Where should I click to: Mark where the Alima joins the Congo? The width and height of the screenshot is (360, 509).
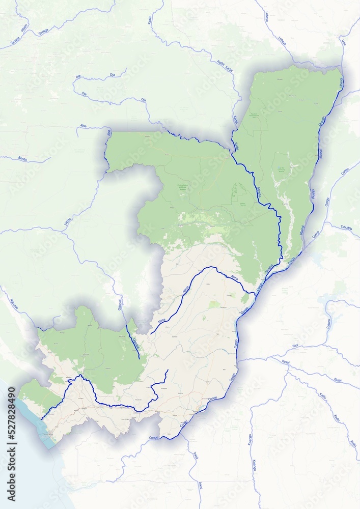[x=255, y=294]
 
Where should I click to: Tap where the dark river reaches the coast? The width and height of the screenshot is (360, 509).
[x=42, y=419]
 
